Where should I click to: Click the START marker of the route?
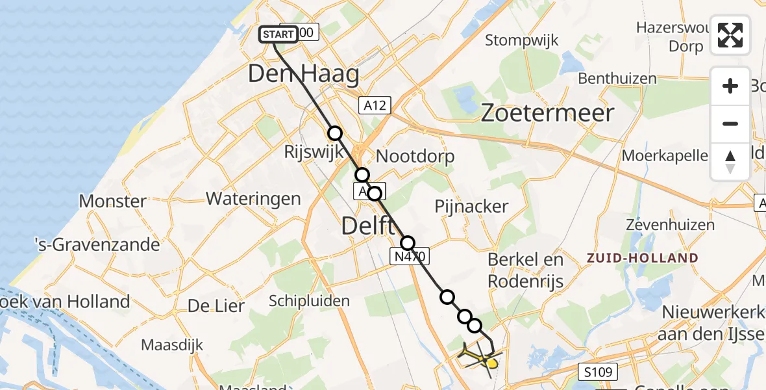click(278, 34)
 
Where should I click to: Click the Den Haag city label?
click(303, 74)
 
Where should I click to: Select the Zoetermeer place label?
click(547, 113)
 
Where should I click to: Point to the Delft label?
click(367, 227)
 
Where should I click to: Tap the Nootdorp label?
click(415, 156)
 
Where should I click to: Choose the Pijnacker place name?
click(471, 207)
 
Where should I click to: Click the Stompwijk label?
click(522, 40)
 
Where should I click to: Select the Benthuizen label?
click(617, 79)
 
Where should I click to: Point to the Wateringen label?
click(253, 198)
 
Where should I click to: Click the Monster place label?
click(113, 201)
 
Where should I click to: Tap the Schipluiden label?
click(309, 301)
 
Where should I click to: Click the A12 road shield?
click(375, 104)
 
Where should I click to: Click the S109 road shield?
click(595, 371)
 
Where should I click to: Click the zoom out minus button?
click(730, 123)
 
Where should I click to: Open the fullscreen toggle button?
click(730, 35)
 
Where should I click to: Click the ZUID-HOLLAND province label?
click(642, 258)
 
